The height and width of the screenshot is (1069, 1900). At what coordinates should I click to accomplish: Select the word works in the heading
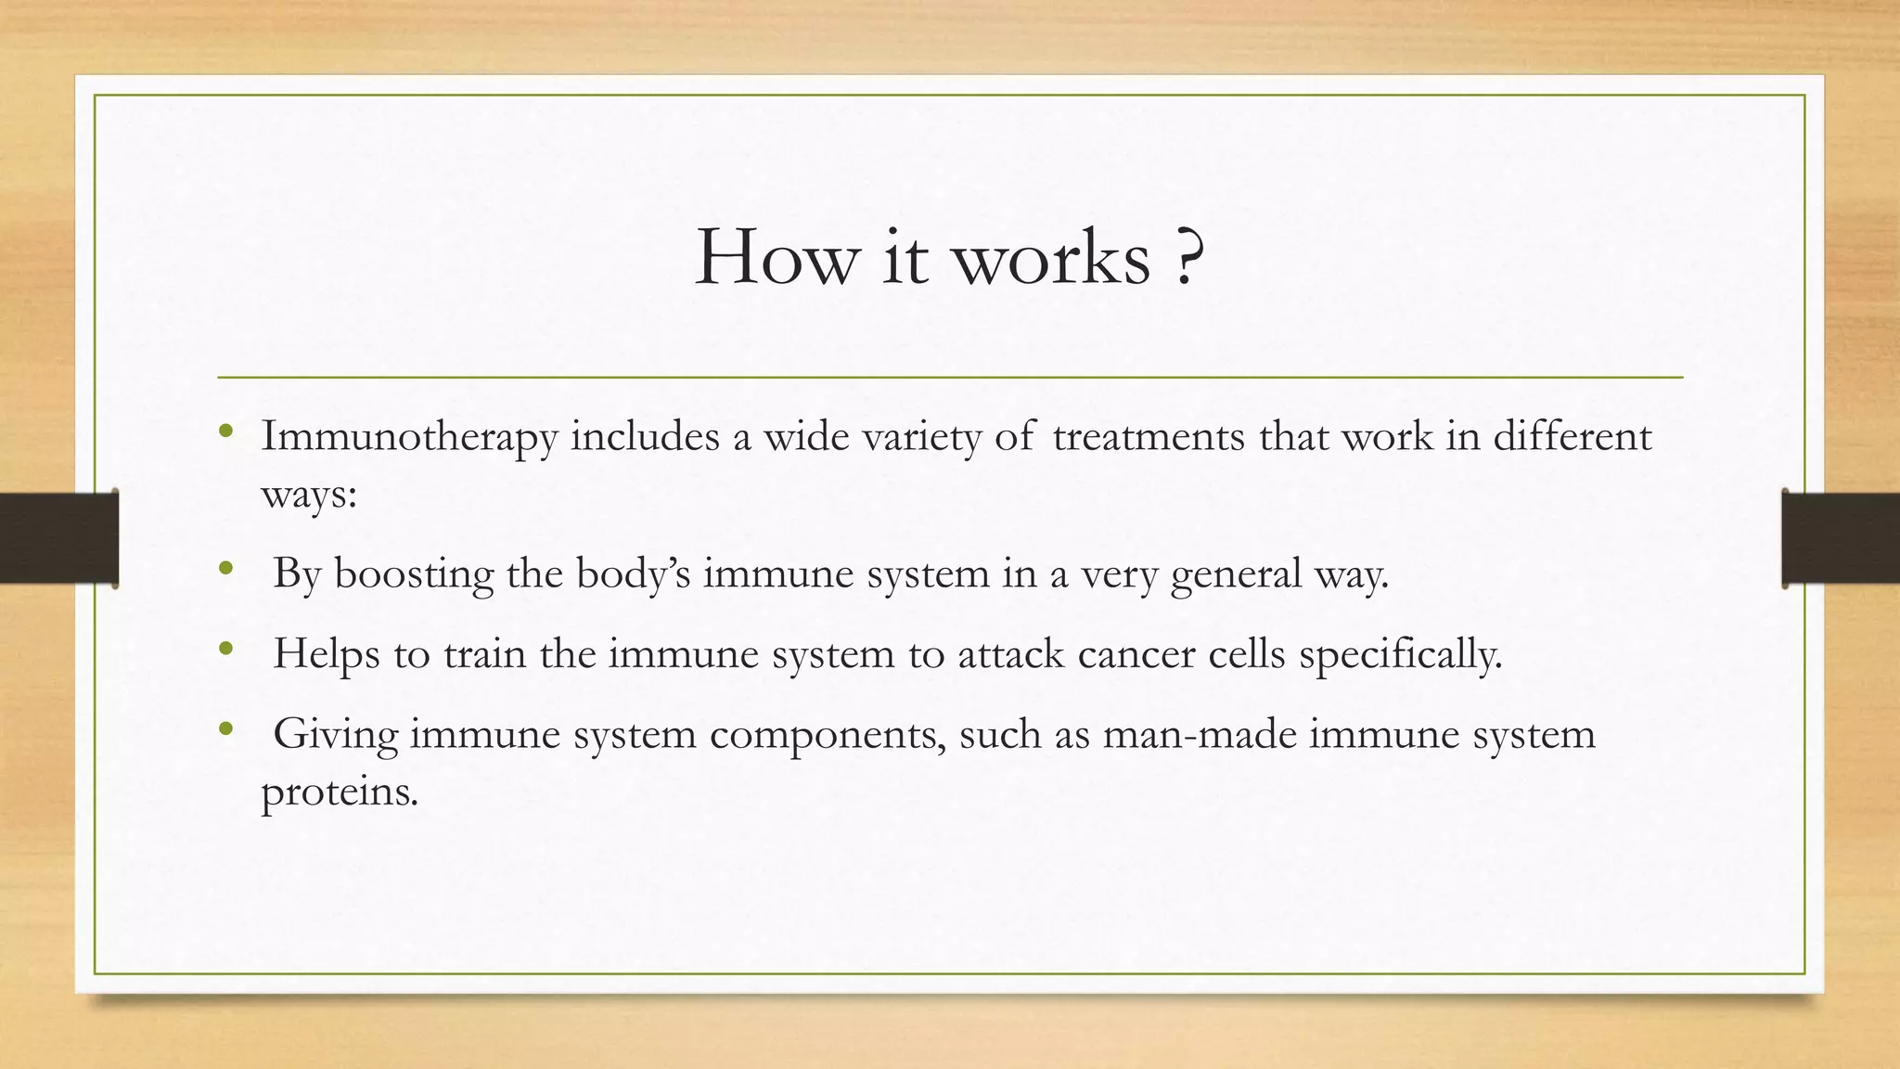[x=1052, y=257]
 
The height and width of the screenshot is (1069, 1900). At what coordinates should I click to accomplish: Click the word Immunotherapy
[x=409, y=437]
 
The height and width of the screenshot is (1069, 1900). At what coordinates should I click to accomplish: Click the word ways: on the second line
[x=309, y=494]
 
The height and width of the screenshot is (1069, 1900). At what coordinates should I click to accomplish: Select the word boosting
[x=414, y=574]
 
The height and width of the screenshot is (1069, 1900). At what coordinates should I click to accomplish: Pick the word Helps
[x=327, y=654]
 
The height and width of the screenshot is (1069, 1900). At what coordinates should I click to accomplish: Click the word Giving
[x=336, y=735]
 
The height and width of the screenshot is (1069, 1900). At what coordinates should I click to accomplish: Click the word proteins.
[x=340, y=792]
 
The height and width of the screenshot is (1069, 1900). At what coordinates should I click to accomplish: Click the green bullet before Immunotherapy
[x=225, y=431]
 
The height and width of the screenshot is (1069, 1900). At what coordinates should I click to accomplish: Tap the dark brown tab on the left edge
[x=58, y=538]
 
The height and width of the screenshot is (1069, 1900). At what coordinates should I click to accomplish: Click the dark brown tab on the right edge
[x=1841, y=538]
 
